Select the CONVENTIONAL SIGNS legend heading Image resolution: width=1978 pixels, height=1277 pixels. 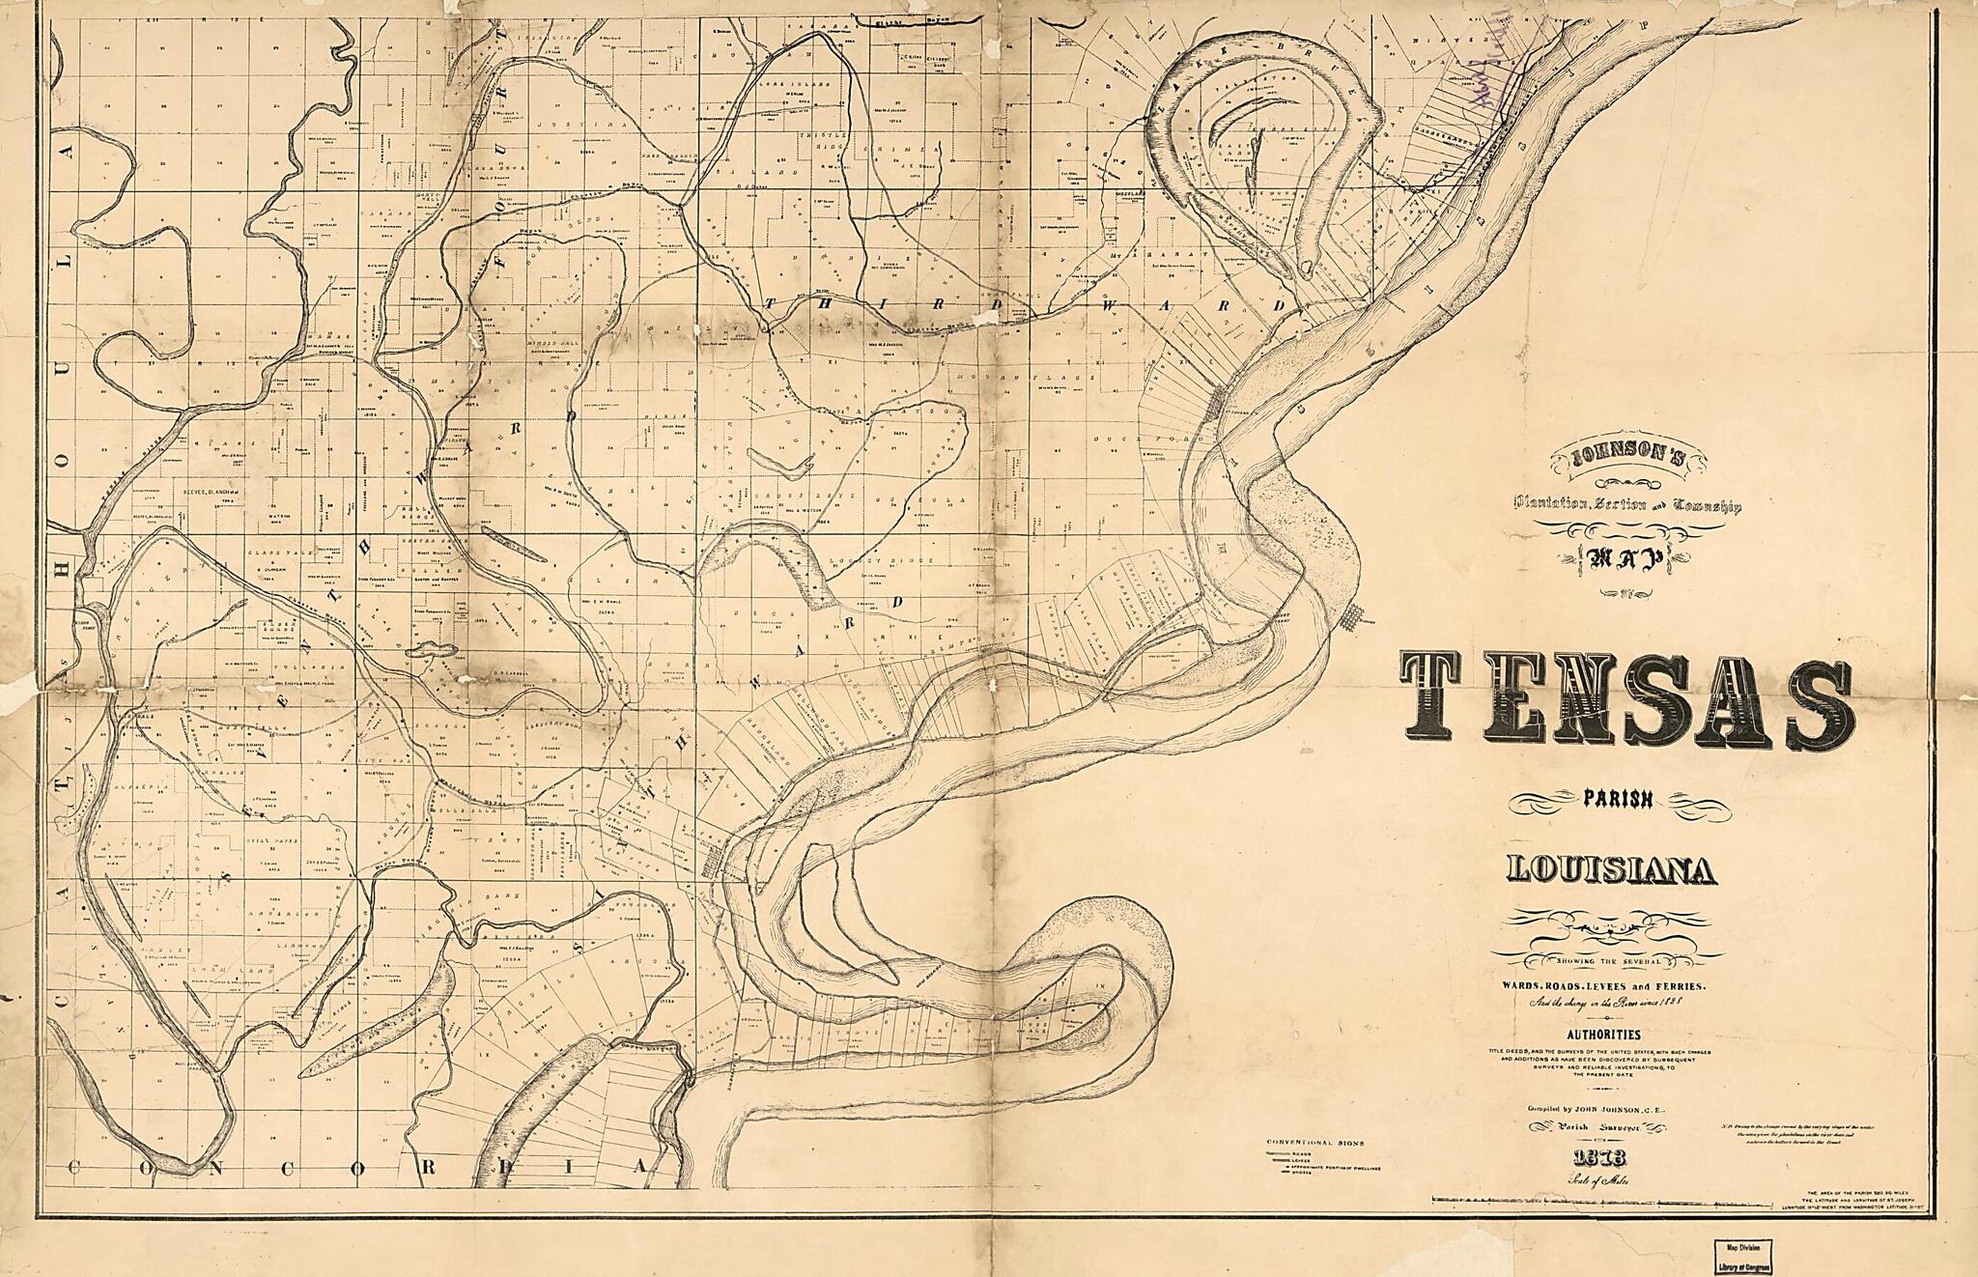pos(1315,1142)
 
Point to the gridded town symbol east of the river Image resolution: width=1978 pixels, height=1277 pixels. pos(1354,615)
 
